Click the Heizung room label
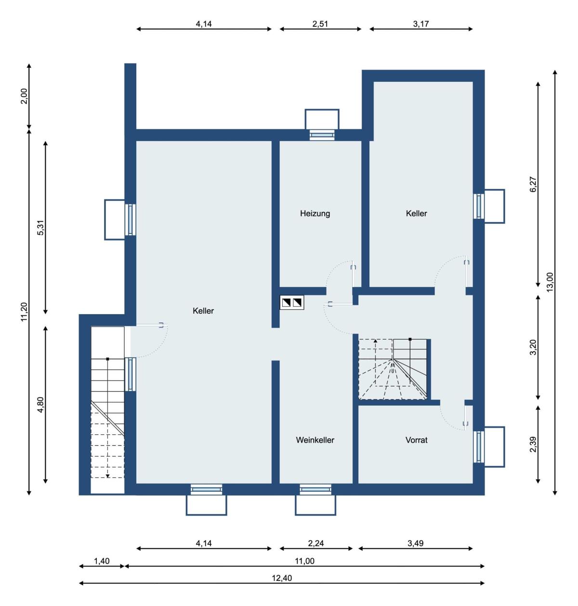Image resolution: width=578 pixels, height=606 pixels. (x=315, y=213)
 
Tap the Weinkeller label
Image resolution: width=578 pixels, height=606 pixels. (x=315, y=440)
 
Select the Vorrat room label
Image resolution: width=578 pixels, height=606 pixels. (x=416, y=440)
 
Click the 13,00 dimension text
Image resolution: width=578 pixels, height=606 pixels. (x=550, y=282)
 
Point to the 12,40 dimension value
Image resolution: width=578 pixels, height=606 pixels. (x=281, y=578)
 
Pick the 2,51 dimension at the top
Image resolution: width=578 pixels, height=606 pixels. (x=320, y=24)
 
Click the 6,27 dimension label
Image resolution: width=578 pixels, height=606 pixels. (x=533, y=184)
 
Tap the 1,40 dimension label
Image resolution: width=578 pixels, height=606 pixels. (x=102, y=561)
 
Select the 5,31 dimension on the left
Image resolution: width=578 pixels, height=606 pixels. (x=40, y=228)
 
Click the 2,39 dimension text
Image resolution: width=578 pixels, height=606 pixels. (x=533, y=444)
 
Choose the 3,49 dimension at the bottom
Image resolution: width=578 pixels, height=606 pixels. (x=415, y=543)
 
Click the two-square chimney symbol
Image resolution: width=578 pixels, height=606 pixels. (x=291, y=303)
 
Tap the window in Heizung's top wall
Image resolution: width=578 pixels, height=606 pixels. (x=322, y=135)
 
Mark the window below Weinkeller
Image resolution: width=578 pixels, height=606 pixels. (x=315, y=489)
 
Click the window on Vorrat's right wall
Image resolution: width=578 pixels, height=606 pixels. (x=478, y=447)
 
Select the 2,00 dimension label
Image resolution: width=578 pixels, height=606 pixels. (x=24, y=96)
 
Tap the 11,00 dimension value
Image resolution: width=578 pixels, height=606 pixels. (x=304, y=561)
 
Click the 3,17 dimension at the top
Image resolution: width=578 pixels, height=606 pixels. (x=421, y=24)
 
